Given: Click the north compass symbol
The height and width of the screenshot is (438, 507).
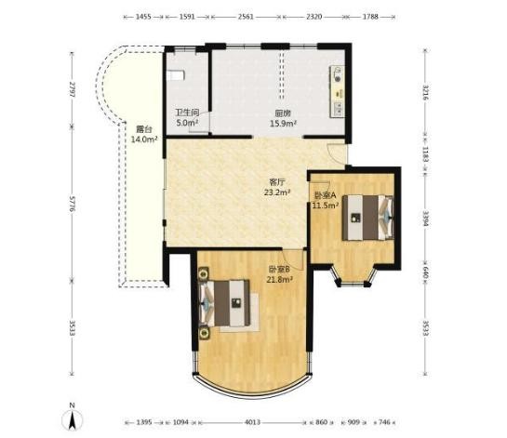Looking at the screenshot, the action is (x=73, y=418).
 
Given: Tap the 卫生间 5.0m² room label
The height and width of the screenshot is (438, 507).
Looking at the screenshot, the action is (x=187, y=118).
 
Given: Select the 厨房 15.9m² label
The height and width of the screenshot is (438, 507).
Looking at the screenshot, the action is (x=283, y=118).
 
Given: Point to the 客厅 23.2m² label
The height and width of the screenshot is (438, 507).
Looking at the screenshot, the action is (x=277, y=187).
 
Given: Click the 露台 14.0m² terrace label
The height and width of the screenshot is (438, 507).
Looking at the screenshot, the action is (x=144, y=135).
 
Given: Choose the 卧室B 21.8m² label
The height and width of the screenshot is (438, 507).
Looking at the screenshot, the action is (x=280, y=274).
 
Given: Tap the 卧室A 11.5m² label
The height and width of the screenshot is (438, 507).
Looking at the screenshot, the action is (x=326, y=200).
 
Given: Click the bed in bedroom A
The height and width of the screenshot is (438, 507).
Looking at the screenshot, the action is (x=368, y=218).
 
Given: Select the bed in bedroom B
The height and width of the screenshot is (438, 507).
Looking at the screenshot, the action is (x=224, y=303).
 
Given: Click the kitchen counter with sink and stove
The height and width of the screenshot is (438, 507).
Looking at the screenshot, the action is (x=337, y=92).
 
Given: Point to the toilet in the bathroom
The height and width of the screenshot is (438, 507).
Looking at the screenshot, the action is (x=176, y=75).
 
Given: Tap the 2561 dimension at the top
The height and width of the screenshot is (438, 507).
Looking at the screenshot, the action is (x=246, y=17).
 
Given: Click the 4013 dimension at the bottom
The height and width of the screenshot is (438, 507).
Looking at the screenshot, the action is (x=252, y=422).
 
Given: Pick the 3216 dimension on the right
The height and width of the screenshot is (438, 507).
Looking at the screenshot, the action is (x=425, y=92).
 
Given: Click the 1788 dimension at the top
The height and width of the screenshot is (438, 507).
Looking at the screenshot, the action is (x=370, y=17).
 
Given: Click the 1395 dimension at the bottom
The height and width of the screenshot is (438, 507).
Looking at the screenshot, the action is (x=144, y=422).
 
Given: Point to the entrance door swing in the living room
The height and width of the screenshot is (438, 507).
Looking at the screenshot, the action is (x=336, y=153).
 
